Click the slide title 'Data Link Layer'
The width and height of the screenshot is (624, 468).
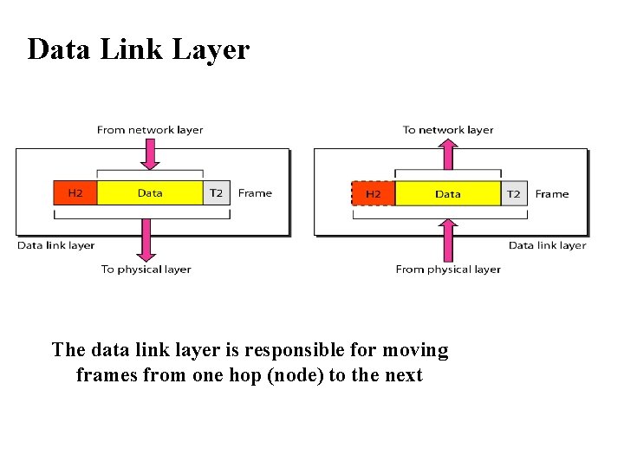pyautogui.click(x=138, y=49)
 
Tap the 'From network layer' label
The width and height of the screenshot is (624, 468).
pyautogui.click(x=150, y=130)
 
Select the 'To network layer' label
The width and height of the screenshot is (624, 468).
pyautogui.click(x=448, y=130)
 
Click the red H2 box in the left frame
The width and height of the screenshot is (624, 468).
pyautogui.click(x=75, y=193)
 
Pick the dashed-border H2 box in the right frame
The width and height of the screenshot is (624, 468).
pyautogui.click(x=374, y=193)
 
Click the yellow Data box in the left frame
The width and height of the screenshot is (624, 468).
pyautogui.click(x=150, y=193)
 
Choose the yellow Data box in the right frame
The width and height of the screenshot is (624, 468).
pyautogui.click(x=448, y=193)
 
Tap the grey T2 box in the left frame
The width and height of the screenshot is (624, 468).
pyautogui.click(x=217, y=193)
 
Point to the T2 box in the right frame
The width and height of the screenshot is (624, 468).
pyautogui.click(x=514, y=193)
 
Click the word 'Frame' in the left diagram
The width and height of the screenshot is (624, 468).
pyautogui.click(x=255, y=193)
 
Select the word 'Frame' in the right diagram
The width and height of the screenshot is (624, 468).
pyautogui.click(x=552, y=193)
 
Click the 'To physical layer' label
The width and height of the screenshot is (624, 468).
pyautogui.click(x=146, y=270)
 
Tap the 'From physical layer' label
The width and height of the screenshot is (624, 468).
pyautogui.click(x=448, y=270)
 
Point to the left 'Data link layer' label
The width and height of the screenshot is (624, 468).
pyautogui.click(x=56, y=245)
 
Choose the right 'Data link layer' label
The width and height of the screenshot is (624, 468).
pyautogui.click(x=548, y=245)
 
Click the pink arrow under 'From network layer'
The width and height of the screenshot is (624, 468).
pyautogui.click(x=150, y=153)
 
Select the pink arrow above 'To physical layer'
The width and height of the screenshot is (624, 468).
pyautogui.click(x=146, y=238)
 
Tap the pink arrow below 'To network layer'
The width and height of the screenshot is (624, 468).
pyautogui.click(x=448, y=154)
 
